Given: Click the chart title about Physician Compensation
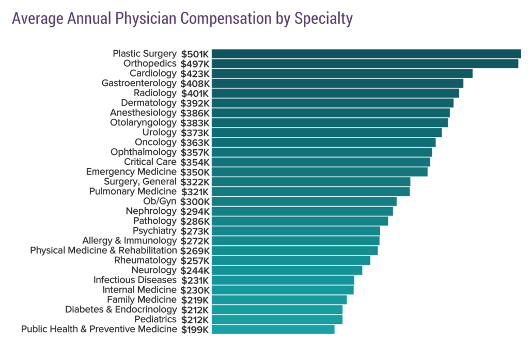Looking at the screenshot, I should (x=182, y=18).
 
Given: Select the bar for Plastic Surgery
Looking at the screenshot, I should (x=366, y=54).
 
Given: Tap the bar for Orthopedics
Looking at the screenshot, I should (x=365, y=64).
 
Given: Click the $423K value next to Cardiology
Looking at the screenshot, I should (x=195, y=73).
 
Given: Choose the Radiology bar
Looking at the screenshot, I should (x=335, y=93).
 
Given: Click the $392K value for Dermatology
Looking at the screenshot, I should (x=195, y=103).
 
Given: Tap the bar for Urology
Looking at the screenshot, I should (x=326, y=132).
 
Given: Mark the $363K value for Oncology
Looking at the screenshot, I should (x=195, y=143).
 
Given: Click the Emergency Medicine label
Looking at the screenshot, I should (x=131, y=171).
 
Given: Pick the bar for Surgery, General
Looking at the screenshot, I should (x=311, y=182).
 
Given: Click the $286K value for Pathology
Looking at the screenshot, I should (x=195, y=221).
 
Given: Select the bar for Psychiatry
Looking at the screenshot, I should (x=295, y=231).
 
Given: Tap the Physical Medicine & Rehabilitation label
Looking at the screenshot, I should (x=103, y=251).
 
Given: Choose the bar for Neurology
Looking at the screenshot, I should (x=287, y=270).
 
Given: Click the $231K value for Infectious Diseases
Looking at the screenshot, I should (x=195, y=280).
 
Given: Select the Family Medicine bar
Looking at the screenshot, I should (x=279, y=300).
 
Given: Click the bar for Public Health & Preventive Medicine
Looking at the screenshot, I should (x=273, y=329).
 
